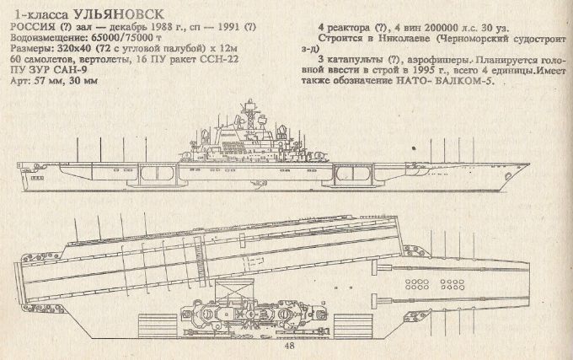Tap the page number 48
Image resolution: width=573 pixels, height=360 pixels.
pos(291,346)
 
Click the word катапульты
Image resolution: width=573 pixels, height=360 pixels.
pos(352,61)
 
